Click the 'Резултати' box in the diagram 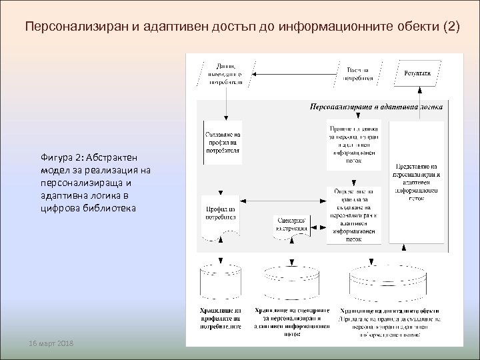(416, 73)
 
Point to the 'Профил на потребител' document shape (219, 214)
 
